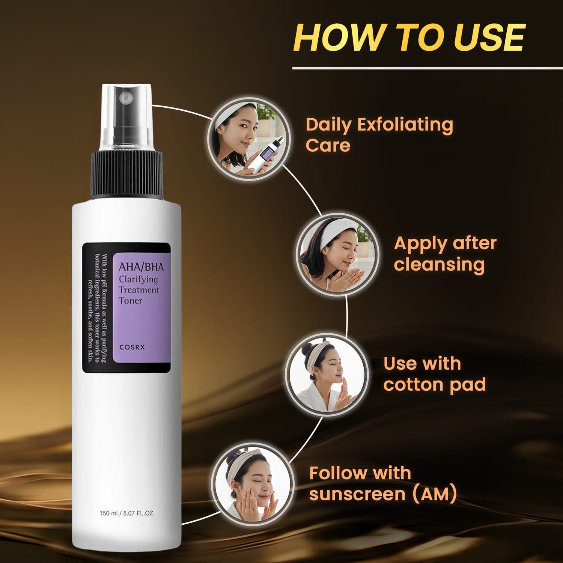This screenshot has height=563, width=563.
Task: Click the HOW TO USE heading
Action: (x=409, y=37)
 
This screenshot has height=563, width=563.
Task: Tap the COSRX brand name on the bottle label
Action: (x=132, y=347)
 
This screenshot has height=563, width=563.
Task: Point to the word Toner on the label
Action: (x=131, y=300)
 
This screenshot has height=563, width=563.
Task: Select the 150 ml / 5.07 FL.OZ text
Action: (x=126, y=513)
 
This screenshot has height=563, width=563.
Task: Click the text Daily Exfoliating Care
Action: (x=379, y=135)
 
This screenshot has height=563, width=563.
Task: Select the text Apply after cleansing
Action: (x=445, y=254)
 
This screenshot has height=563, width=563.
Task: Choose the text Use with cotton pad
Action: (x=435, y=374)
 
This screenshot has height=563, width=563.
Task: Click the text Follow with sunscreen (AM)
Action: (x=383, y=483)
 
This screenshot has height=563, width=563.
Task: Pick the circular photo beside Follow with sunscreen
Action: (x=250, y=484)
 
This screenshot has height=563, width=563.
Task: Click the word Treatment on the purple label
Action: (x=139, y=290)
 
